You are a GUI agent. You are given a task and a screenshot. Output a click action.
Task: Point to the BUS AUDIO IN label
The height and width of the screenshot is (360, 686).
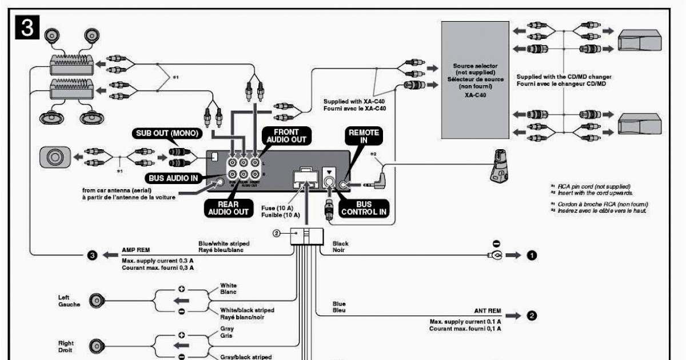coord(173,178)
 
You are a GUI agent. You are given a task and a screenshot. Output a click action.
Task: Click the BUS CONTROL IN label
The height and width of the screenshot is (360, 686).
coord(364,209)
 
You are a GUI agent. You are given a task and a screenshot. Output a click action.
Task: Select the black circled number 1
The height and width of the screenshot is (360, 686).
coord(532,255)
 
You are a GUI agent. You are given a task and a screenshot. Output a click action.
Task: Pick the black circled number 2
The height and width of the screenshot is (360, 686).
coord(532,315)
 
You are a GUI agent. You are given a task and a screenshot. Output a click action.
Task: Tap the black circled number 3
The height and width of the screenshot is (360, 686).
coord(91,255)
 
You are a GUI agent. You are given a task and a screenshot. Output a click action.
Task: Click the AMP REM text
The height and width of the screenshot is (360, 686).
coord(135,250)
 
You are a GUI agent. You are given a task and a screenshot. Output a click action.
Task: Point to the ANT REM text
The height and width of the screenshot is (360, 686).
coord(487,311)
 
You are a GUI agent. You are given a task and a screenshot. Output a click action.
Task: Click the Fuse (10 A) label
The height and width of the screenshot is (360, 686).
coord(276,208)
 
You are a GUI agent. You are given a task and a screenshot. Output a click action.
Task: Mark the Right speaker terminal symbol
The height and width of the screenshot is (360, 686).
coord(96,345)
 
